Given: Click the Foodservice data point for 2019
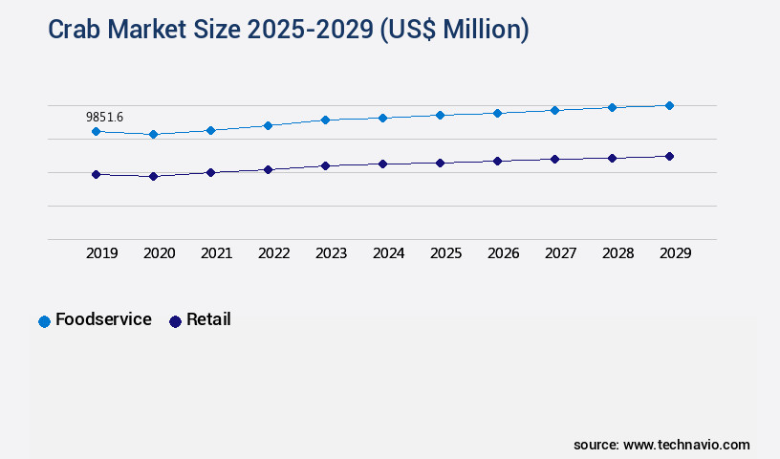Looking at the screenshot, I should click(x=96, y=131).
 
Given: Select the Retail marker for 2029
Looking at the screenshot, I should click(x=669, y=156).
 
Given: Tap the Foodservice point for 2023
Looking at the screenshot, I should click(x=325, y=120).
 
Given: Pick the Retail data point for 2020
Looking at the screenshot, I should click(x=153, y=176).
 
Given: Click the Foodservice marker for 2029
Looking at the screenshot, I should click(x=669, y=105).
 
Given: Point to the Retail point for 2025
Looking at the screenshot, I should click(x=440, y=163).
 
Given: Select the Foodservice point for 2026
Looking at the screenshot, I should click(x=497, y=113).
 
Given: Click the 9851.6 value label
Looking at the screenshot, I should click(x=104, y=117).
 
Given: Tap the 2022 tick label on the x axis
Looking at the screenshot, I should click(x=273, y=253).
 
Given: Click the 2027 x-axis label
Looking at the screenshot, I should click(x=560, y=253).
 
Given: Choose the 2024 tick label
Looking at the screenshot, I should click(x=388, y=253).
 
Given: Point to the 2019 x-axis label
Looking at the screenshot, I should click(x=101, y=253).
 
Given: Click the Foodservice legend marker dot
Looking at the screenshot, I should click(x=44, y=321).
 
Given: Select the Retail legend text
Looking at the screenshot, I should click(x=208, y=319).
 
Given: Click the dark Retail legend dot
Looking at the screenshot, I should click(x=175, y=321).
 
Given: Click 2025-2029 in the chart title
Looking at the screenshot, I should click(x=308, y=30).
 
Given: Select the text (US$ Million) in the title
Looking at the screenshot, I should click(x=454, y=30).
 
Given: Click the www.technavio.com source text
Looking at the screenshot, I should click(x=686, y=445).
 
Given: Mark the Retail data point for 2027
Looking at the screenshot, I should click(x=554, y=159).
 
